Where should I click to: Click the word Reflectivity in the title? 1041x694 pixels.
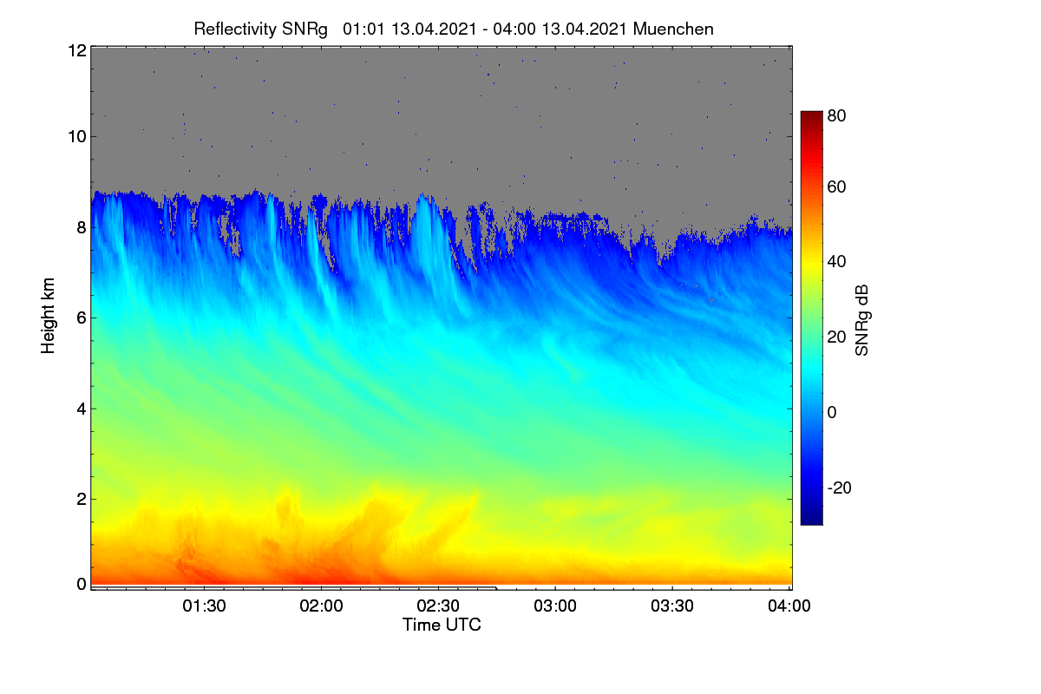[235, 29]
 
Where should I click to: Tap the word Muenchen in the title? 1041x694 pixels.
[673, 29]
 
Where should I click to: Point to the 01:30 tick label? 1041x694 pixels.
[204, 606]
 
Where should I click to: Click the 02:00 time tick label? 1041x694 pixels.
[321, 606]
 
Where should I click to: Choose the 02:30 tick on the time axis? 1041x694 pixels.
[438, 606]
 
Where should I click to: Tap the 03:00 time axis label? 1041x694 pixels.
[555, 606]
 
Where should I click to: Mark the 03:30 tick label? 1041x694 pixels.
[672, 606]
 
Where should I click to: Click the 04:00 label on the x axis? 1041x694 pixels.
[789, 606]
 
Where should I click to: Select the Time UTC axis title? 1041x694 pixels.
[442, 625]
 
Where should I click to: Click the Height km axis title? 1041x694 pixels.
[48, 316]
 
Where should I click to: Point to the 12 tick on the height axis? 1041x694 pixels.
[77, 50]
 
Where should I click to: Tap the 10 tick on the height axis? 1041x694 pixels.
[77, 137]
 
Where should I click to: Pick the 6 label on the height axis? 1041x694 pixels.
[82, 318]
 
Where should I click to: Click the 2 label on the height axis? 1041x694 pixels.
[82, 499]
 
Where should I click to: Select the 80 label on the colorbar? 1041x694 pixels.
[836, 115]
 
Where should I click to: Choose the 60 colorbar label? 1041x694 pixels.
[836, 187]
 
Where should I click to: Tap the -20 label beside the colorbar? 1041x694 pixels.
[840, 488]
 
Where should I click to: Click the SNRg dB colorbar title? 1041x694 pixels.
[861, 321]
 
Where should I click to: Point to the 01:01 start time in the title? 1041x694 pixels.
[363, 29]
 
